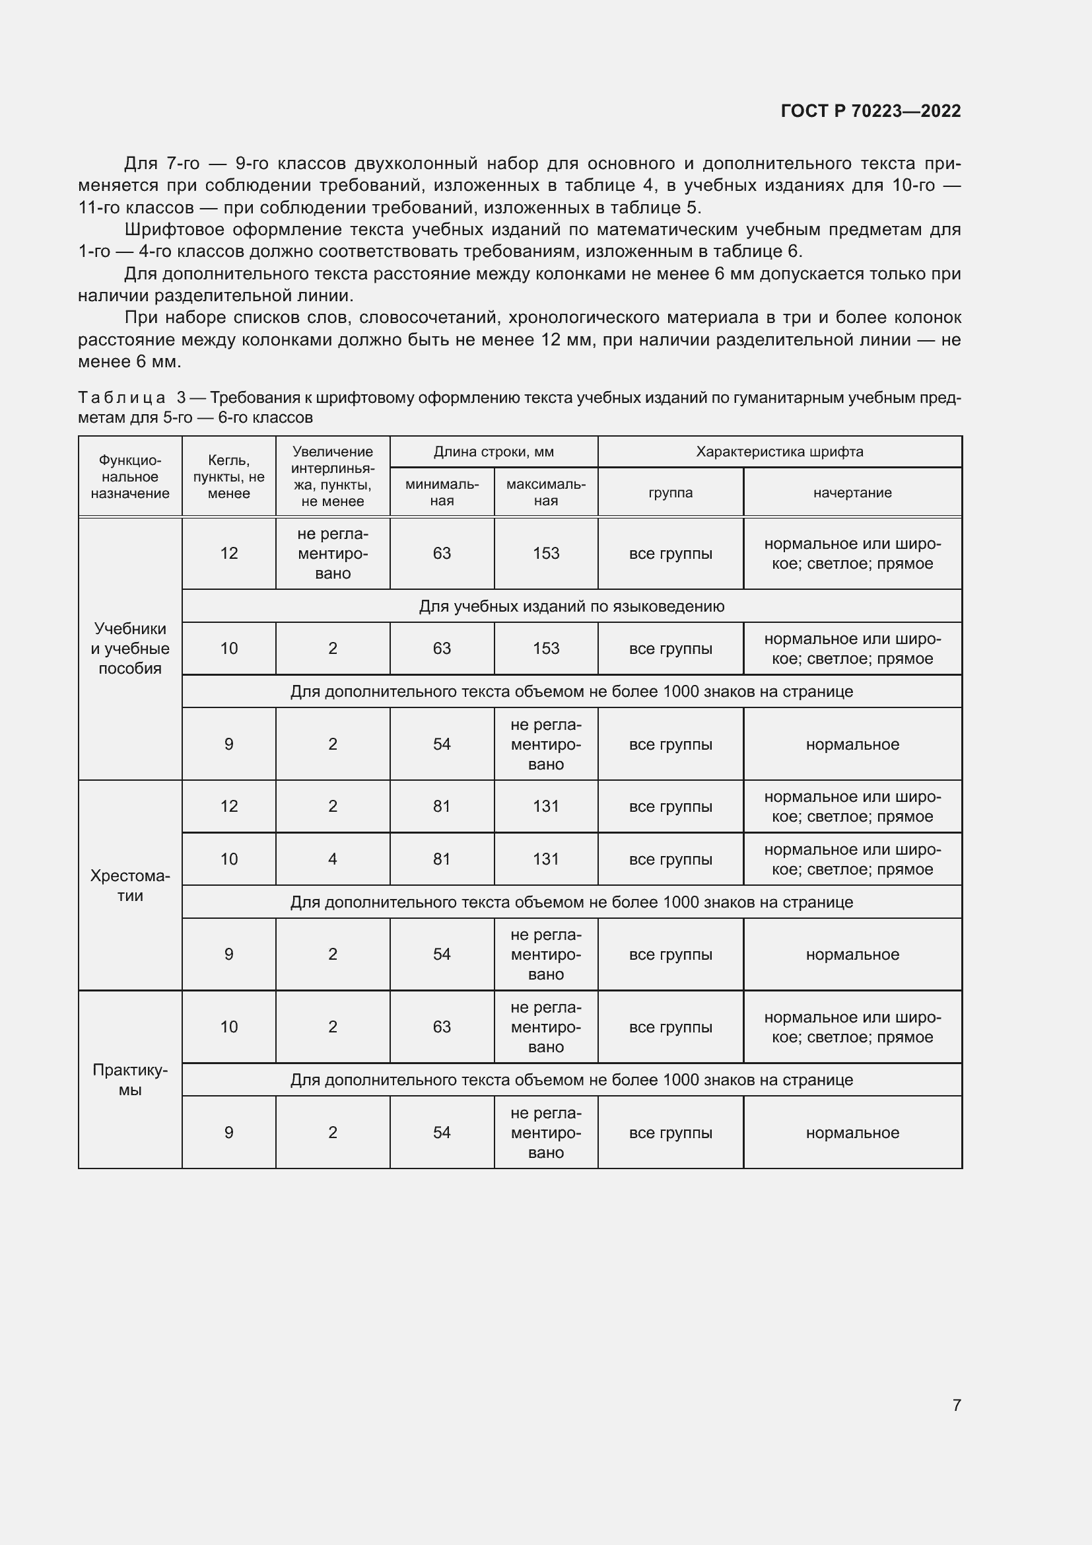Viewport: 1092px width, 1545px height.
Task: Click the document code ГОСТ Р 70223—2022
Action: tap(870, 111)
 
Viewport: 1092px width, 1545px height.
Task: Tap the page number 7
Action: tap(956, 1405)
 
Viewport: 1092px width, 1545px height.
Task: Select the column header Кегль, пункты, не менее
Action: tap(228, 476)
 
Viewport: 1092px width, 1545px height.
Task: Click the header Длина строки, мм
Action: tap(493, 452)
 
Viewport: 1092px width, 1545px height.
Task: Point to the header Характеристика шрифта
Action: tap(779, 452)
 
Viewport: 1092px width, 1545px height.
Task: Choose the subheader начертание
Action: tap(852, 493)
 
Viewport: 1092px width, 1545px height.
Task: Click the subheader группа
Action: tap(669, 493)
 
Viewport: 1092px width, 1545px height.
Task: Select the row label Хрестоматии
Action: tap(130, 886)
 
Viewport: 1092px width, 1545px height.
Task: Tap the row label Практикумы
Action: tap(130, 1079)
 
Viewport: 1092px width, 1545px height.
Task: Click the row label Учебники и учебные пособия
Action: tap(130, 648)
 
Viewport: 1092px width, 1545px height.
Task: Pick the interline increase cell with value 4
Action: tap(332, 859)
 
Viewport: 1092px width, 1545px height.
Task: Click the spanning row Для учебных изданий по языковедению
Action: tap(572, 606)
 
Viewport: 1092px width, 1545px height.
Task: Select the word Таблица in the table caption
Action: tap(121, 398)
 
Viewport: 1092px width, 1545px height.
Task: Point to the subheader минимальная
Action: tap(442, 493)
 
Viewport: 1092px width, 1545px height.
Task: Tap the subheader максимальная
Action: tap(545, 493)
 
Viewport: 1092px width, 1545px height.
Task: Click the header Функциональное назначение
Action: tap(130, 476)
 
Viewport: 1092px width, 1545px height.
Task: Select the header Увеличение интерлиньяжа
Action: tap(332, 476)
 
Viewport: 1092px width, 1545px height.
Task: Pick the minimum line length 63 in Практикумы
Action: tap(442, 1027)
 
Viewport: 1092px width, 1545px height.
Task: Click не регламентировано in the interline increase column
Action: tap(332, 553)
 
